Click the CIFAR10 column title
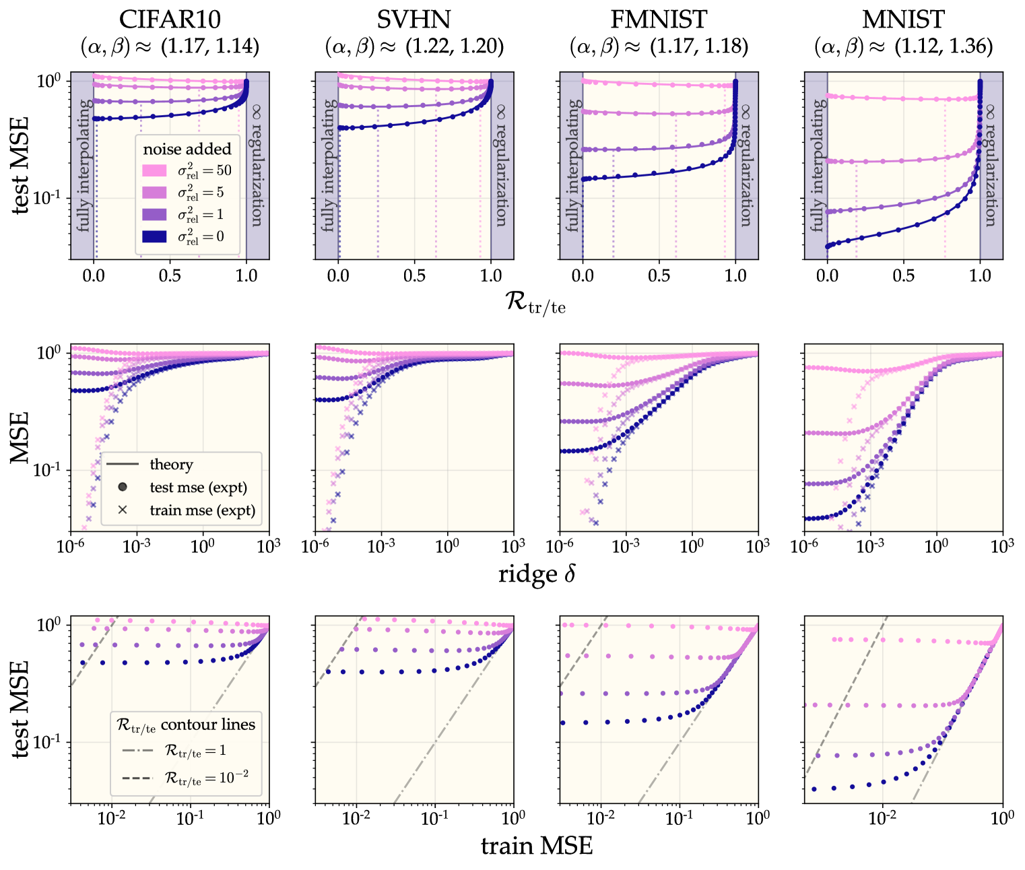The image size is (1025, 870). tap(170, 20)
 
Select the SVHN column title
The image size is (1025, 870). tap(414, 20)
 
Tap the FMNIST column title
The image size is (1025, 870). tap(659, 20)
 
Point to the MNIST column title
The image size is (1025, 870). tap(903, 20)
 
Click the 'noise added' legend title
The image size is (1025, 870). tap(187, 149)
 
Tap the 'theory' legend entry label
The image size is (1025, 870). tap(171, 465)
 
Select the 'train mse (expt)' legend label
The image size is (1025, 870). tap(202, 510)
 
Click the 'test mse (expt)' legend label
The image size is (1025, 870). tap(198, 488)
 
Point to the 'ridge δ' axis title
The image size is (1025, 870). tap(537, 574)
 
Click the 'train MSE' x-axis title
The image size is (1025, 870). tap(537, 846)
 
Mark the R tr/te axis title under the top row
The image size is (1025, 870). tap(536, 302)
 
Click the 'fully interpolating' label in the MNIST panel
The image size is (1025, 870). tap(817, 165)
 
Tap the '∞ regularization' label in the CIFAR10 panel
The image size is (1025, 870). tap(257, 165)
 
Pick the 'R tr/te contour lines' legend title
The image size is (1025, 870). tap(186, 725)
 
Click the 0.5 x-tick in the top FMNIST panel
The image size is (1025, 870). tap(659, 275)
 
